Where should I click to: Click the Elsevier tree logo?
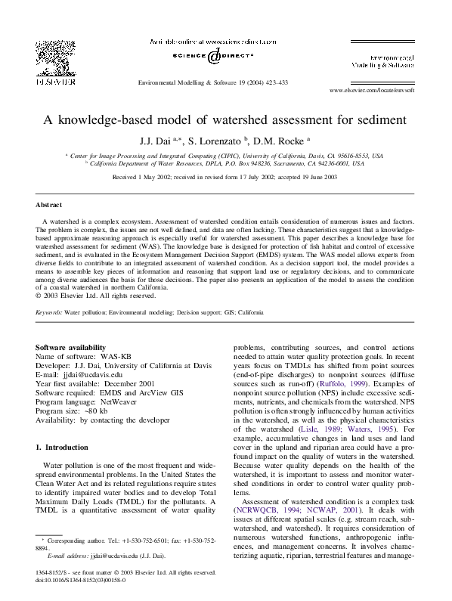[x=49, y=59]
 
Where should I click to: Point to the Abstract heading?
[x=49, y=205]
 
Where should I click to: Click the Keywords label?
[x=48, y=311]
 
